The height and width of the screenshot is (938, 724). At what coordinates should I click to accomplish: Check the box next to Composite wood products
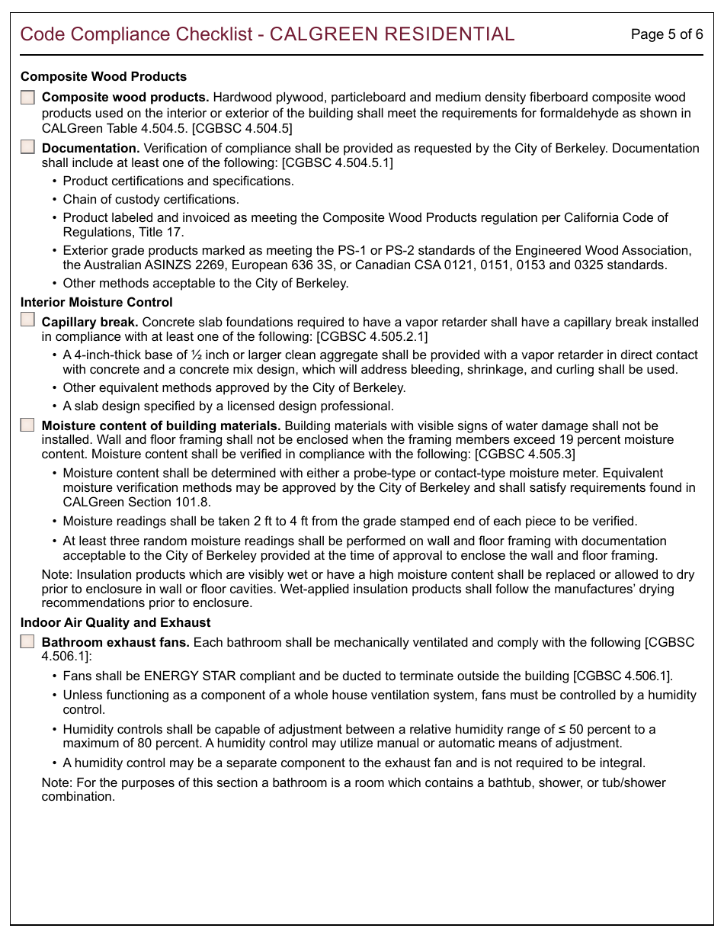(x=28, y=98)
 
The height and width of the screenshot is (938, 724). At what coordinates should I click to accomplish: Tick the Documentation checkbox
(x=28, y=148)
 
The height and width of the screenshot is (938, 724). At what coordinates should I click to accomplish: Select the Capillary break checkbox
(x=28, y=320)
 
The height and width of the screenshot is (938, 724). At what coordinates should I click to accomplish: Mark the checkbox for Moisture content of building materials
(x=28, y=426)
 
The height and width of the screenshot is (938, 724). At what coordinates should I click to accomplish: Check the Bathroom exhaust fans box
(x=28, y=642)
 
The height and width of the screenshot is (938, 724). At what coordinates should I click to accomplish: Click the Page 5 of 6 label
(x=666, y=34)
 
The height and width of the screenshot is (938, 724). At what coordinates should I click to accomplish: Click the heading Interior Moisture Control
(x=97, y=303)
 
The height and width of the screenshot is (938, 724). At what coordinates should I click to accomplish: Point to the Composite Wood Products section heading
(x=104, y=77)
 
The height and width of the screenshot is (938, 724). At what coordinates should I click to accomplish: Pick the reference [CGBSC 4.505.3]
(x=525, y=455)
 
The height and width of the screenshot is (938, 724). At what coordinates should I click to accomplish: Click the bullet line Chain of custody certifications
(x=151, y=199)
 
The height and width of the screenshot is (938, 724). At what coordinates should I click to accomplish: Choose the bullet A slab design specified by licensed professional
(x=228, y=406)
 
